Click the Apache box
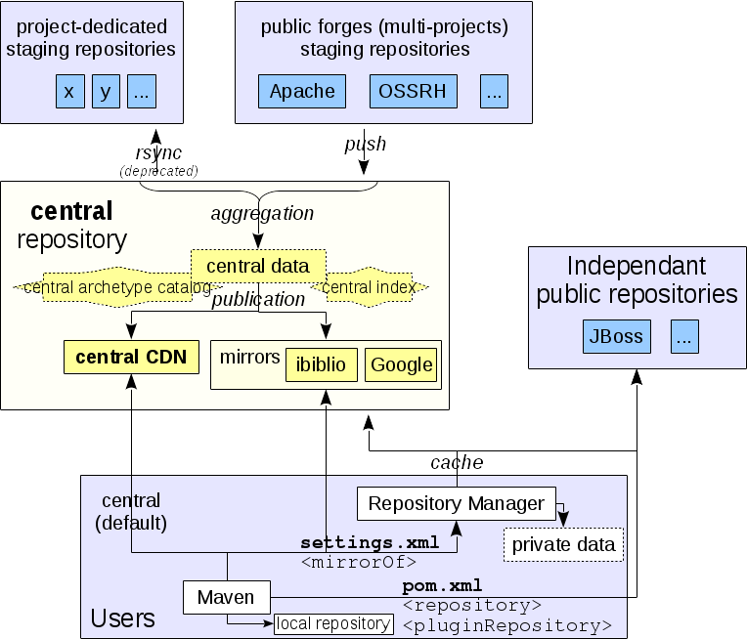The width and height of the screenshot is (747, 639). tap(302, 92)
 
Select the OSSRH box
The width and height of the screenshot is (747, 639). tap(414, 92)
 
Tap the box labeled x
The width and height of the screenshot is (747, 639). tap(69, 93)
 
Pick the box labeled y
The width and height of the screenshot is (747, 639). tap(106, 93)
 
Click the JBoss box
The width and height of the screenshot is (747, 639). tap(617, 337)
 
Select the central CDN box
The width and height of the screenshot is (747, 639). tap(131, 357)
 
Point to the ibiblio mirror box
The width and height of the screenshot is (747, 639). tap(322, 364)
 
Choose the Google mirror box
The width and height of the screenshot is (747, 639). tap(401, 364)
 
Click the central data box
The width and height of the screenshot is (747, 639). tap(258, 266)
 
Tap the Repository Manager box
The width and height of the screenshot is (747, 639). tap(456, 503)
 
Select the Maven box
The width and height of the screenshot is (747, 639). tap(226, 597)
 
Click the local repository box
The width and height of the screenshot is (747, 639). tap(333, 623)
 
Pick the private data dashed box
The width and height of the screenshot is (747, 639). tap(563, 544)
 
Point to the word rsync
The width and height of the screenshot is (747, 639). tap(158, 152)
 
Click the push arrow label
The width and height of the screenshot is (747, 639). tap(365, 144)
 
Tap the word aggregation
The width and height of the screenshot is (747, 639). tap(262, 213)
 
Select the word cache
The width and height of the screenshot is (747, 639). tap(457, 462)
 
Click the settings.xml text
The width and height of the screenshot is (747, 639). tap(370, 543)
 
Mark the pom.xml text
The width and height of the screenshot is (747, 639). tap(442, 585)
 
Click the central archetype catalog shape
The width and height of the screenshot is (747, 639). tap(116, 287)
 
